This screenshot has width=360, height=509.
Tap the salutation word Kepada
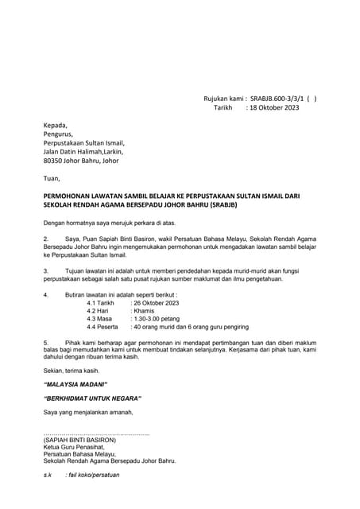coord(56,126)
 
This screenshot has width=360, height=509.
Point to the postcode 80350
coord(54,160)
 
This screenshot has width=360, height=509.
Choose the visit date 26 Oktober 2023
coord(160,304)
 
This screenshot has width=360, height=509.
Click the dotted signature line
coord(95,433)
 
